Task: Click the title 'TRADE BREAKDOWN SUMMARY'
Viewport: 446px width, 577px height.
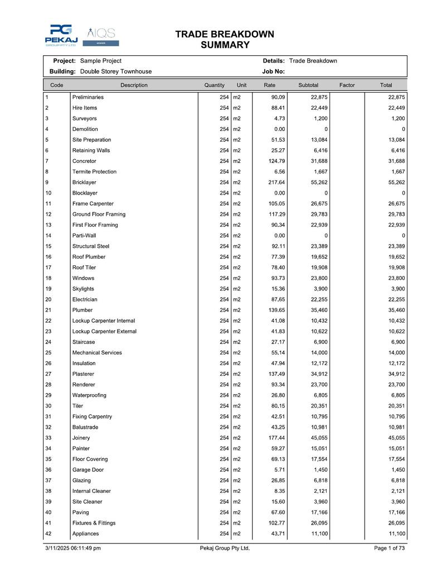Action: (x=225, y=40)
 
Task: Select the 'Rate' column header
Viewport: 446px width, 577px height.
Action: (x=269, y=85)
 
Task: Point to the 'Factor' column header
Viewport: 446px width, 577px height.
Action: (x=347, y=85)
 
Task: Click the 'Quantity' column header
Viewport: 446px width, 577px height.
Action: (x=214, y=85)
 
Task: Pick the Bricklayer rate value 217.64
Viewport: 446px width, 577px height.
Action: (x=277, y=182)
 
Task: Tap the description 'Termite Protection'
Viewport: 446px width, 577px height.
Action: (x=94, y=172)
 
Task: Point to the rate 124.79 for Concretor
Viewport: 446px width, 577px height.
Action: (x=277, y=161)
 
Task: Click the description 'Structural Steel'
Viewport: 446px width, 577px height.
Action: (x=91, y=246)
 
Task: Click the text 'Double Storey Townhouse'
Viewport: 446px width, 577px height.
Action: (x=116, y=71)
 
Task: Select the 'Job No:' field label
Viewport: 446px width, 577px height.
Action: (x=273, y=71)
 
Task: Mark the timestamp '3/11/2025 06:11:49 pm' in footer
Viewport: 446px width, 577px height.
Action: (x=72, y=549)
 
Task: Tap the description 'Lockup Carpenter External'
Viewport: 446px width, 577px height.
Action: (x=104, y=331)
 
